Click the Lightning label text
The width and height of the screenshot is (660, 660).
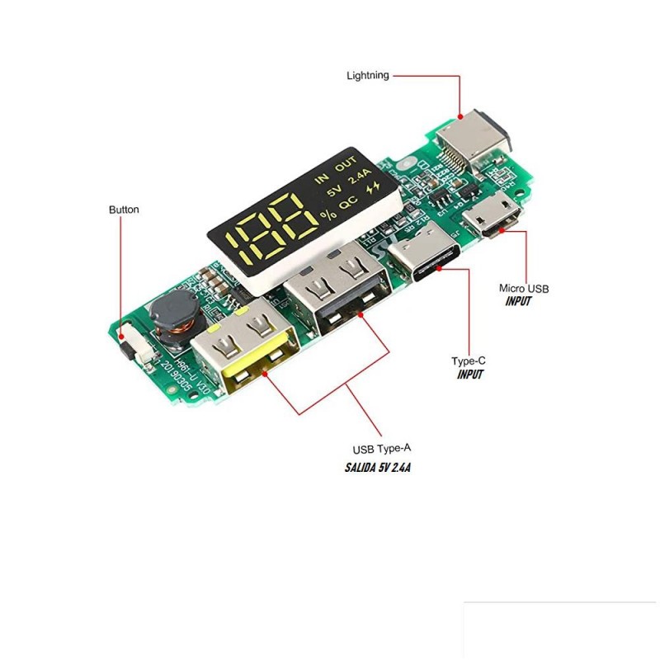367,75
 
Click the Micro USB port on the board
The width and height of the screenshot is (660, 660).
491,219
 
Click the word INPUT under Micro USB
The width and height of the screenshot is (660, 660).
518,302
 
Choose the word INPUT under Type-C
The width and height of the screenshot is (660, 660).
470,375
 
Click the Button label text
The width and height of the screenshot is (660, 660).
124,210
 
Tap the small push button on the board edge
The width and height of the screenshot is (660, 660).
126,339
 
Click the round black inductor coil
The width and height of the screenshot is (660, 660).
172,317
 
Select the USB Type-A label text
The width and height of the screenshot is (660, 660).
382,449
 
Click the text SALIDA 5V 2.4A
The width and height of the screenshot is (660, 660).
379,467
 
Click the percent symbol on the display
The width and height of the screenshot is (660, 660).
329,216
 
